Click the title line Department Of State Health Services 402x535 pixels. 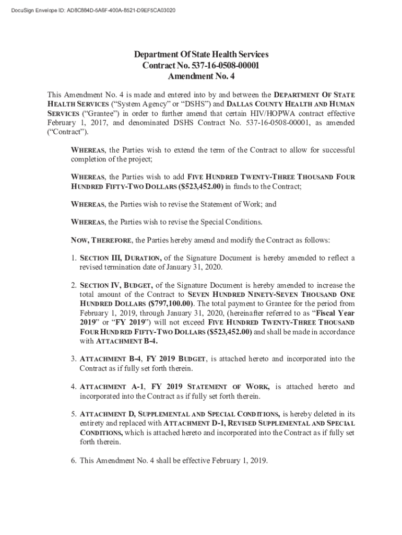tap(201, 55)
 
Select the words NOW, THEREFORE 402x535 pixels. tap(101, 240)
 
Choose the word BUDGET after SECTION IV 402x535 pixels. tap(137, 285)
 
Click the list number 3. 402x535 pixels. tap(74, 359)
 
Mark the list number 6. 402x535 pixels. tap(74, 461)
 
